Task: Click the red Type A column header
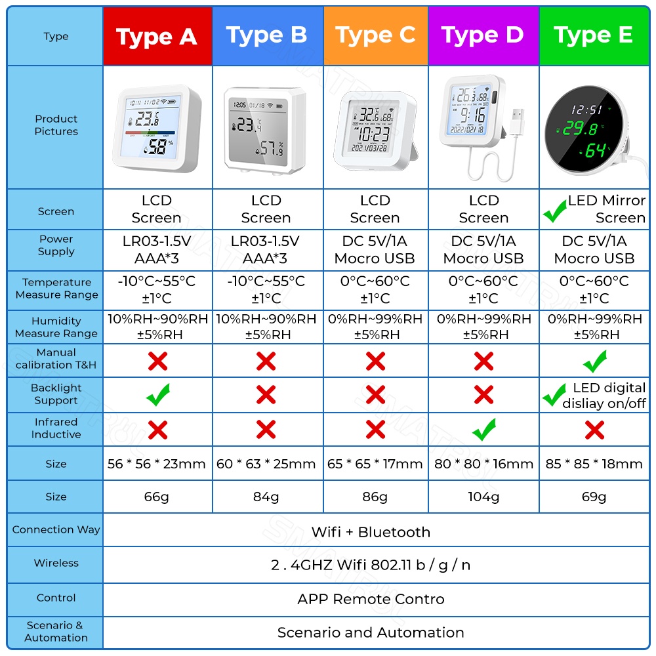click(x=157, y=36)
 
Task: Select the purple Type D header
click(x=483, y=36)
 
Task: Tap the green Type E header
click(x=594, y=36)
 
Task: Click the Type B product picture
click(x=265, y=131)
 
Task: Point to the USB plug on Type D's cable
click(x=517, y=121)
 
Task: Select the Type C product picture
click(x=375, y=131)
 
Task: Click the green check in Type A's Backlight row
click(x=158, y=394)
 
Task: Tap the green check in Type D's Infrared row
click(x=483, y=429)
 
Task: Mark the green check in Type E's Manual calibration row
click(x=594, y=361)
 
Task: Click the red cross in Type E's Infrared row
click(x=594, y=430)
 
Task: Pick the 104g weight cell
click(x=483, y=497)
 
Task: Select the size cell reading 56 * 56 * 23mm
click(x=157, y=464)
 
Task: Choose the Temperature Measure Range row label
click(x=56, y=289)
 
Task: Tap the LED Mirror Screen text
click(x=607, y=209)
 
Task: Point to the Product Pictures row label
click(x=56, y=125)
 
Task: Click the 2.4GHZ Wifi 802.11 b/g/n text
click(x=371, y=565)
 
